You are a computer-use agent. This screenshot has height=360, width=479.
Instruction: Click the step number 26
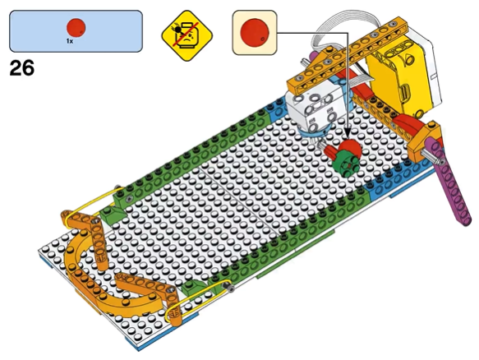click(x=21, y=68)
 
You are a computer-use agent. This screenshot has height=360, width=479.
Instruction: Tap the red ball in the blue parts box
click(x=76, y=27)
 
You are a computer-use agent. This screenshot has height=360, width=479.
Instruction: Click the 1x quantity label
click(x=70, y=41)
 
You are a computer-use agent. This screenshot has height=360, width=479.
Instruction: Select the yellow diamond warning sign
click(x=187, y=36)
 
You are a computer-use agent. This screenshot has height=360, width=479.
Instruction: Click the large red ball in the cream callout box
click(x=255, y=32)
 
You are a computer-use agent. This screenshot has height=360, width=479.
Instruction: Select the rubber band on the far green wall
click(x=93, y=201)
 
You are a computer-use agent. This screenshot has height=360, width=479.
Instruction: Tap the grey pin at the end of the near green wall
click(x=229, y=288)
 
